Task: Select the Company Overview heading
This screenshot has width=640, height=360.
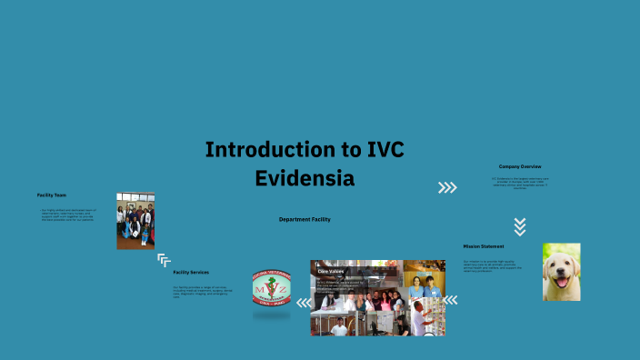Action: [x=520, y=166]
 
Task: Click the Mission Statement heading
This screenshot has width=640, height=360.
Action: [x=484, y=246]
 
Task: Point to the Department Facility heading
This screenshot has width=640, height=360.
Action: [x=305, y=219]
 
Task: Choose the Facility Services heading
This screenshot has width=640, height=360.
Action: [x=191, y=272]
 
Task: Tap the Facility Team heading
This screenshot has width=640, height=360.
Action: [x=52, y=195]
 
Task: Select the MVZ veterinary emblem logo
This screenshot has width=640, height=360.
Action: [x=272, y=294]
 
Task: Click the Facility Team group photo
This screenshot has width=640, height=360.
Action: [x=135, y=221]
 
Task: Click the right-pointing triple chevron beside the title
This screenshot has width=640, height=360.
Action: [x=447, y=188]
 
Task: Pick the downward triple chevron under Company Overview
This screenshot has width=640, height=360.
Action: [x=520, y=226]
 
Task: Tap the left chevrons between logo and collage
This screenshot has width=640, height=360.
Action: [x=301, y=298]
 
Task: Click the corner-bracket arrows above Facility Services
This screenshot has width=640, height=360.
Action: [x=164, y=260]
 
